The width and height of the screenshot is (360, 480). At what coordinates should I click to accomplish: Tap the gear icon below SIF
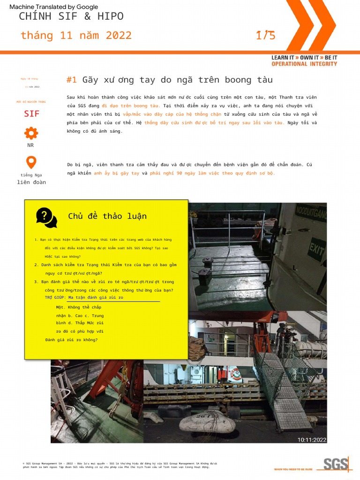[x=31, y=133]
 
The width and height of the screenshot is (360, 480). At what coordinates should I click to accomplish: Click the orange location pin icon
[x=31, y=162]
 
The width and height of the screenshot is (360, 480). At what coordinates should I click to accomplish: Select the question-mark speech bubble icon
[x=46, y=217]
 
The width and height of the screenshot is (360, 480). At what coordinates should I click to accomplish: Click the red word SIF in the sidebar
[x=32, y=114]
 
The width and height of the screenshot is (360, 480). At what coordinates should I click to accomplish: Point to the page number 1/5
[x=265, y=35]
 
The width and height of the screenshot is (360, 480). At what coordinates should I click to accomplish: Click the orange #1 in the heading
[x=71, y=80]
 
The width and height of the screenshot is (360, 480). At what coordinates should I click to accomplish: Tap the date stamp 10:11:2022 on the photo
[x=312, y=440]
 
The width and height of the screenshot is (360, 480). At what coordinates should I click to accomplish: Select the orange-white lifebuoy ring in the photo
[x=235, y=374]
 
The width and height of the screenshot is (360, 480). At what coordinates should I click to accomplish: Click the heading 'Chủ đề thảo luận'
[x=107, y=216]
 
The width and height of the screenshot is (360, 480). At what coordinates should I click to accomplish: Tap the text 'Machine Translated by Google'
[x=54, y=7]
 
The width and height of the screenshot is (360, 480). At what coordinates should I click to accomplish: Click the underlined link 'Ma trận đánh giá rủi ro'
[x=96, y=297]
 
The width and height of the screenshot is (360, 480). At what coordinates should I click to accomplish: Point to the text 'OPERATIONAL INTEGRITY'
[x=304, y=64]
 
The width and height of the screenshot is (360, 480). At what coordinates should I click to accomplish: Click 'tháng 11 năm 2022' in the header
[x=76, y=36]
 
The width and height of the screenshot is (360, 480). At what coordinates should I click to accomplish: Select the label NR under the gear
[x=30, y=145]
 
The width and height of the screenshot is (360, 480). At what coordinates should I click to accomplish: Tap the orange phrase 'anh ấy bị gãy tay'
[x=116, y=173]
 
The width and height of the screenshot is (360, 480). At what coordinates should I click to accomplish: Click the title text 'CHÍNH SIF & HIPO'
[x=71, y=16]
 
